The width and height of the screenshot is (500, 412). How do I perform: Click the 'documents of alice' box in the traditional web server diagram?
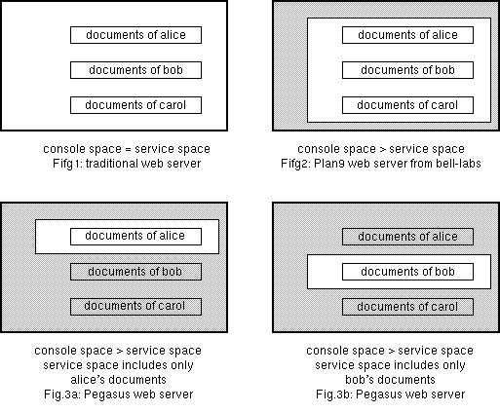[x=135, y=35]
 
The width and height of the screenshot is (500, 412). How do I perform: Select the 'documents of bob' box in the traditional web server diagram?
[x=135, y=70]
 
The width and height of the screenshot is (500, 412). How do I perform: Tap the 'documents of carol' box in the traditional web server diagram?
[x=135, y=105]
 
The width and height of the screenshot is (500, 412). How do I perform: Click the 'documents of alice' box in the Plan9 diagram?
[x=407, y=35]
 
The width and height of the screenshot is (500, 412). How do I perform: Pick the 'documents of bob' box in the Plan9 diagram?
[x=407, y=70]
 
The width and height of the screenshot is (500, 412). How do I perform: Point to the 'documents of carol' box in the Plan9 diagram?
[x=407, y=105]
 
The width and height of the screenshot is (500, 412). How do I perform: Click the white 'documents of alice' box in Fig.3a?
[x=135, y=237]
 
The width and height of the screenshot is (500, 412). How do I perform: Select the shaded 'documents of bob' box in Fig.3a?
[x=135, y=272]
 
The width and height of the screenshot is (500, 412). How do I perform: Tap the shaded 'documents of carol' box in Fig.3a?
[x=135, y=307]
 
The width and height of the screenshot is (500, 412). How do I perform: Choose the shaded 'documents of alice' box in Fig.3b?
[x=407, y=237]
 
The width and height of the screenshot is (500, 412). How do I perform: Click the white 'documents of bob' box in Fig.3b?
[x=407, y=272]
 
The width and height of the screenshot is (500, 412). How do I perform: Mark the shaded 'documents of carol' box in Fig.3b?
[x=407, y=307]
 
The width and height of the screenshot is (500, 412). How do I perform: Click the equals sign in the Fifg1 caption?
[x=128, y=149]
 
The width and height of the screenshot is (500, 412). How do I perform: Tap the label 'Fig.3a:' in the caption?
[x=62, y=394]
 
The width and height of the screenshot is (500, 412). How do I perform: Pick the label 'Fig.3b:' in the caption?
[x=334, y=394]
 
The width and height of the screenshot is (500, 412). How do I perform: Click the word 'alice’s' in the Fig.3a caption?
[x=86, y=380]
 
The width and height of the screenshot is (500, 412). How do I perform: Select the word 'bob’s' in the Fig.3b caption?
[x=358, y=380]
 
